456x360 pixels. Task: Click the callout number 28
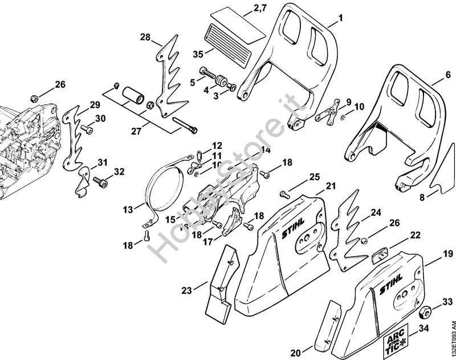click(145, 38)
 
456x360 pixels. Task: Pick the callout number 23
click(186, 290)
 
